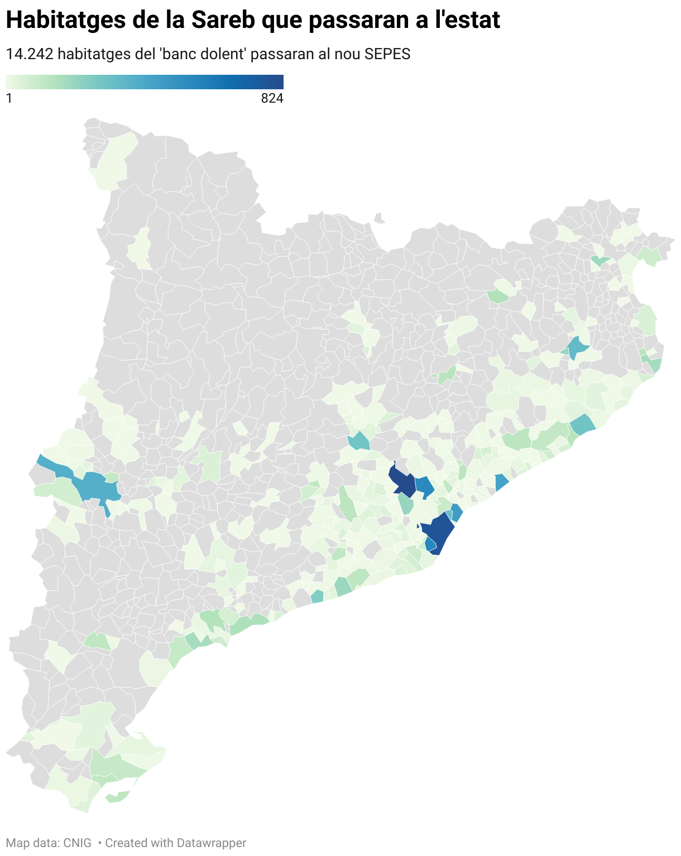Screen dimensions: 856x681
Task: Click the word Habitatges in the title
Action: tap(66, 20)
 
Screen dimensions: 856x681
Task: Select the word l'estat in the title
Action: tap(467, 20)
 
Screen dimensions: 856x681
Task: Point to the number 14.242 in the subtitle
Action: tap(29, 54)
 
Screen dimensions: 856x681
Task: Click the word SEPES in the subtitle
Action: tap(387, 54)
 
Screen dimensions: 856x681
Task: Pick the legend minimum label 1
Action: tap(9, 99)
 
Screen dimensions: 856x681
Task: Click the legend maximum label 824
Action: tap(272, 99)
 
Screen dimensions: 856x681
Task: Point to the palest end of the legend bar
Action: tap(9, 82)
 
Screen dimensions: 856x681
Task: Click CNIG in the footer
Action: tap(78, 843)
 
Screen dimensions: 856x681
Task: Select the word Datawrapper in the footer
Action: tap(211, 843)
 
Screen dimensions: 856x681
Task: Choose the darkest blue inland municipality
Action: tap(403, 482)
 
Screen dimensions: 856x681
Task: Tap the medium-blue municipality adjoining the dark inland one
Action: tap(425, 486)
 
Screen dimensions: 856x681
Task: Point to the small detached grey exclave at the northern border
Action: tap(380, 218)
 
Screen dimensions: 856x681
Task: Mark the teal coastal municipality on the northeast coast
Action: tap(582, 425)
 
